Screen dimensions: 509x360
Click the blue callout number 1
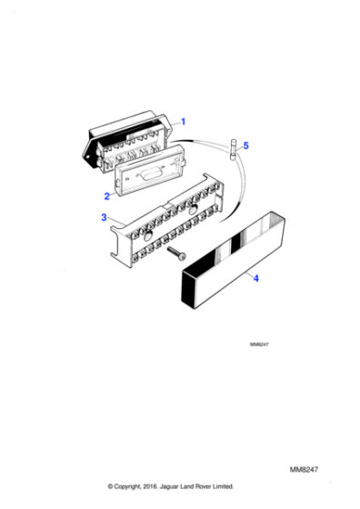point(183,121)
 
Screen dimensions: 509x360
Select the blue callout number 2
point(106,195)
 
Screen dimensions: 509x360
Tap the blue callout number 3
point(104,217)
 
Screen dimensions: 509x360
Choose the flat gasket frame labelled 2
point(149,174)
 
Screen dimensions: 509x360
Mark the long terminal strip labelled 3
point(173,222)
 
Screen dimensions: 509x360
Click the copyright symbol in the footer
point(111,486)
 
